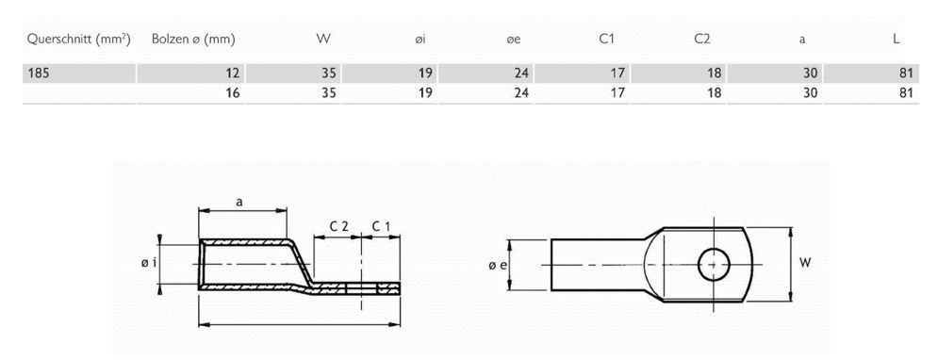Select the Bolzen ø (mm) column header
click(192, 40)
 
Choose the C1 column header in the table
click(609, 40)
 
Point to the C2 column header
click(703, 40)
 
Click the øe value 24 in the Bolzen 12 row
click(521, 72)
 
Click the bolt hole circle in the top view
click(714, 265)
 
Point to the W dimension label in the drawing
click(806, 264)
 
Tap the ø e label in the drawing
click(498, 267)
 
